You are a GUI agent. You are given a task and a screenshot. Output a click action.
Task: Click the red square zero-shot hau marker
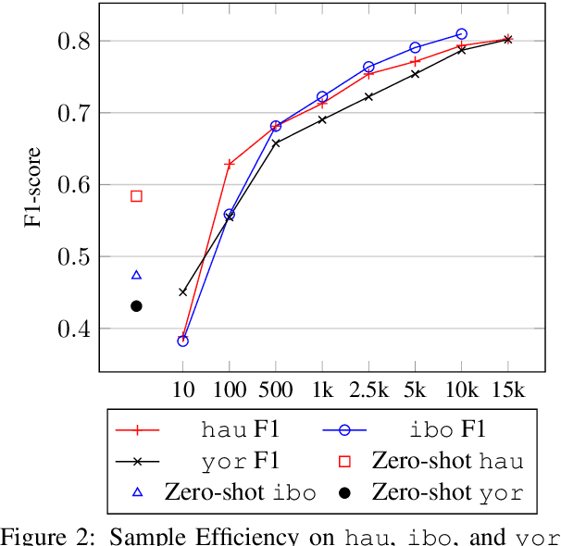[x=136, y=196]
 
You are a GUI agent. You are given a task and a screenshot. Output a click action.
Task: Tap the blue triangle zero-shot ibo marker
[x=136, y=275]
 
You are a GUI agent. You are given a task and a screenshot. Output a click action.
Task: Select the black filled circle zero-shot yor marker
[x=136, y=306]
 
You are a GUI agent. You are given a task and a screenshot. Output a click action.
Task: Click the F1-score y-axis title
[x=34, y=186]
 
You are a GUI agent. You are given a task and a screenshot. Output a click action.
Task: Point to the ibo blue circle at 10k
[x=461, y=34]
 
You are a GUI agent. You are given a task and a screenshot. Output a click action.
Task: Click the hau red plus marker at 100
[x=230, y=164]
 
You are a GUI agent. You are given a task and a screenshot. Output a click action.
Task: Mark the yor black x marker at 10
[x=182, y=292]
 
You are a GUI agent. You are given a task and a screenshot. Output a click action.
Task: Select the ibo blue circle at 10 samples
[x=182, y=341]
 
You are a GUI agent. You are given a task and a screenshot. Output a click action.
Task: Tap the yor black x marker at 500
[x=276, y=143]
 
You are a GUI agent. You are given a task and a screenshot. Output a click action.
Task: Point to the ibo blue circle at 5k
[x=415, y=47]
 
